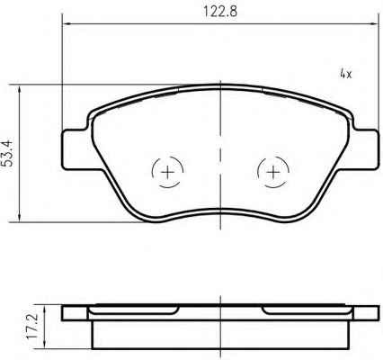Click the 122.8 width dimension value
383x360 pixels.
(220, 12)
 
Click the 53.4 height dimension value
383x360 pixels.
(7, 153)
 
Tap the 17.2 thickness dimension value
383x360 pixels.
(32, 326)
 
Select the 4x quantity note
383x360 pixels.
(346, 73)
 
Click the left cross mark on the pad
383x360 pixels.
(167, 172)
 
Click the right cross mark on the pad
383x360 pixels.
(273, 172)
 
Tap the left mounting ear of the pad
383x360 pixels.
(76, 149)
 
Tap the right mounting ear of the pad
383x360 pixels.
(364, 149)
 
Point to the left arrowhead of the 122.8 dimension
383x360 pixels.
(67, 23)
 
